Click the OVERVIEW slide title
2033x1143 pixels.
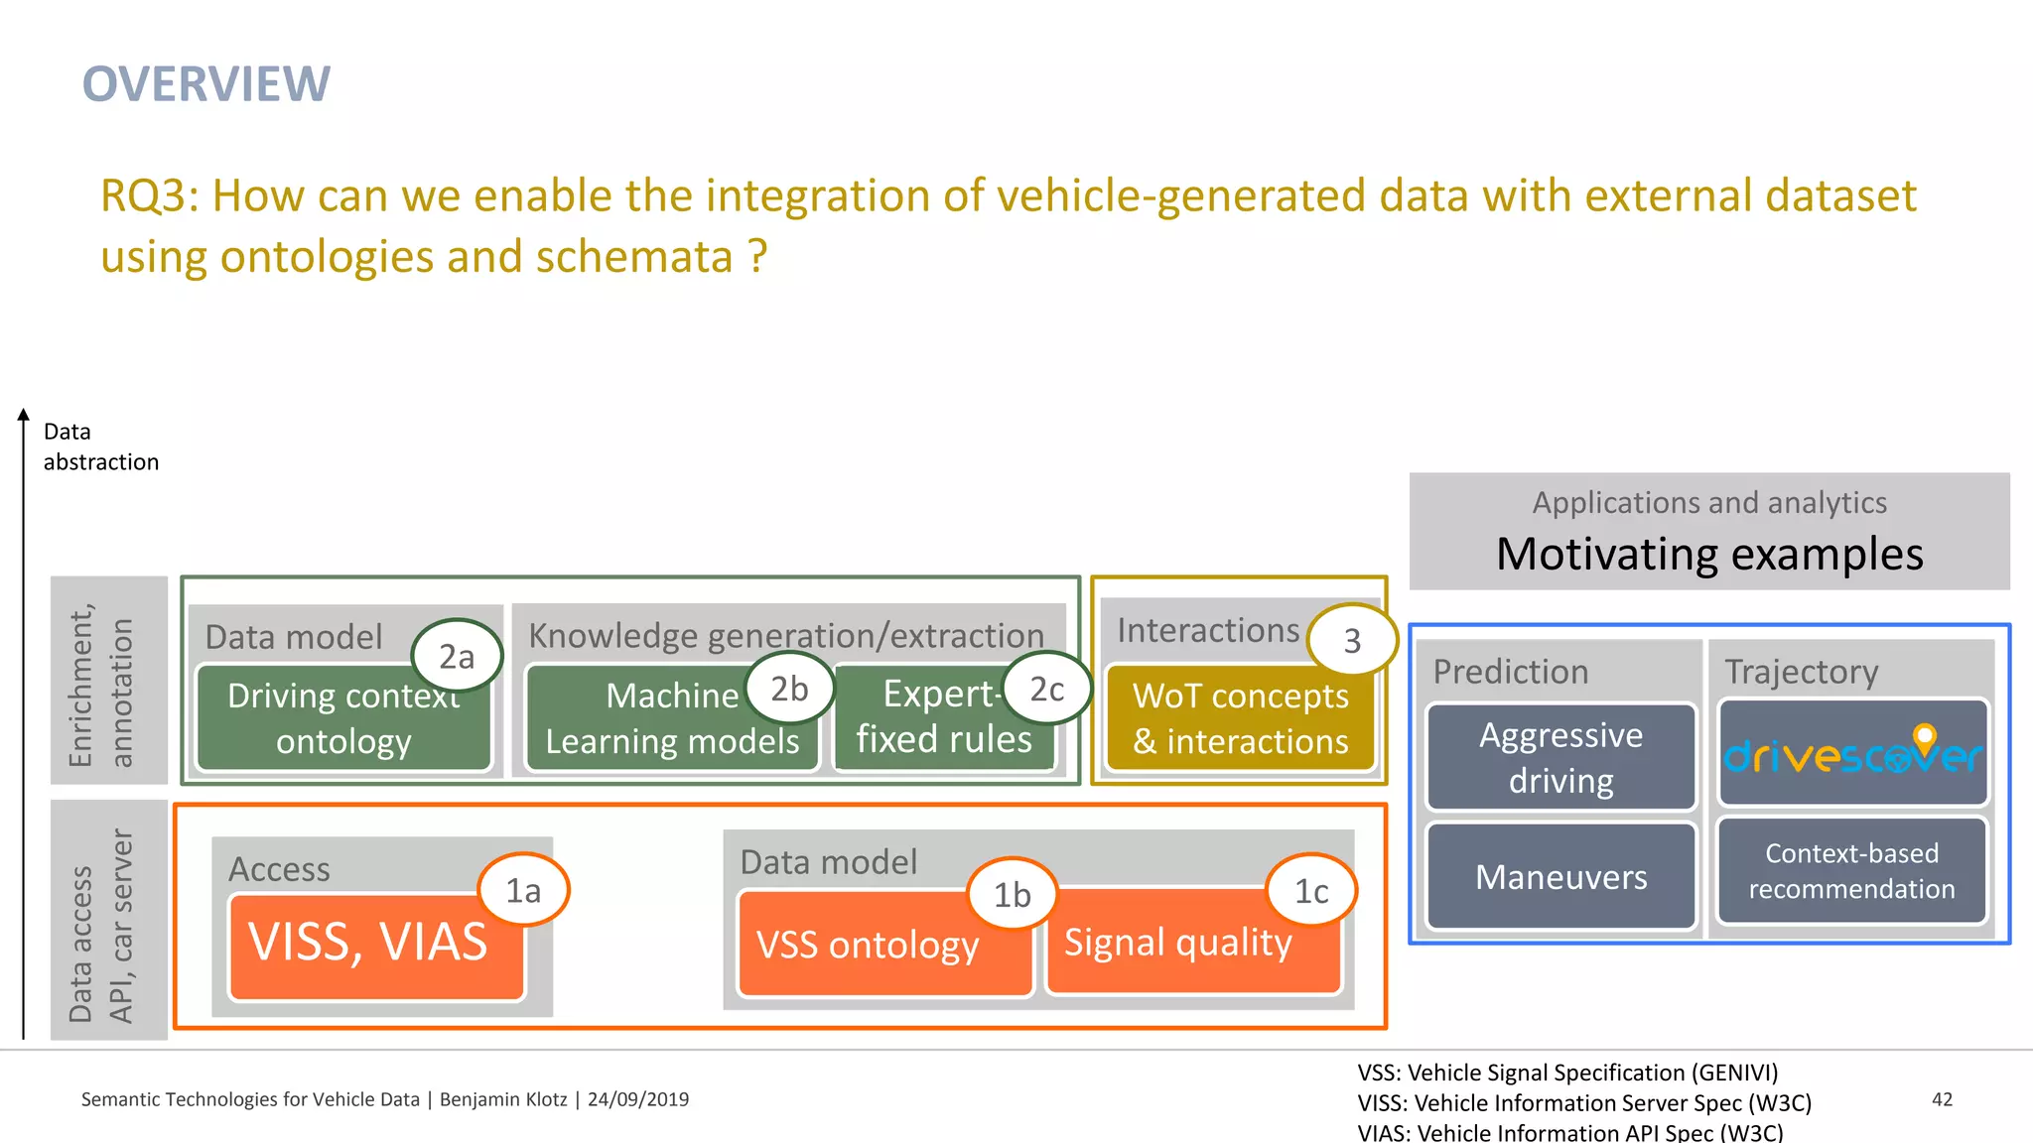(x=206, y=84)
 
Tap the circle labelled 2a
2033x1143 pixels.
(x=457, y=656)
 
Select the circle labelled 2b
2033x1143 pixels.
(x=789, y=688)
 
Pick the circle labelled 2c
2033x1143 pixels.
(x=1046, y=688)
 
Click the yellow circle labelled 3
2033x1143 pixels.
(x=1351, y=641)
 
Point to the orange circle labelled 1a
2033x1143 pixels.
(x=523, y=890)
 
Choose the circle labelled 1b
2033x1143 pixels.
(x=1012, y=894)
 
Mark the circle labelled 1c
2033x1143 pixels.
(x=1311, y=891)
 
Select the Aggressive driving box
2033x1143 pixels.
(x=1560, y=757)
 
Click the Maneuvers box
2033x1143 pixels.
(x=1560, y=877)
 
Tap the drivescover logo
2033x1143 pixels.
(x=1852, y=754)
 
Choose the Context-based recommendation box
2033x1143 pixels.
(x=1851, y=871)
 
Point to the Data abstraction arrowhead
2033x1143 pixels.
(x=23, y=415)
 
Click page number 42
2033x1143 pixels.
(x=1942, y=1099)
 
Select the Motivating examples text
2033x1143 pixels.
(x=1709, y=554)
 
